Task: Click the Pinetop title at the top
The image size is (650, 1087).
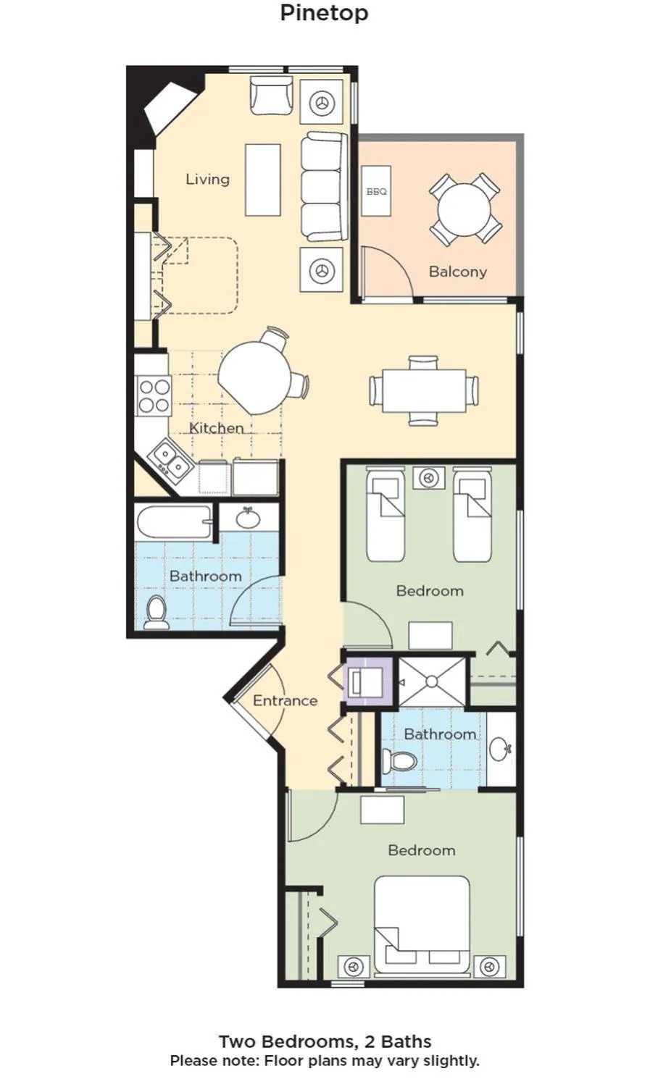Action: (x=324, y=13)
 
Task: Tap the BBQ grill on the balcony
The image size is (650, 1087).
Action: (x=376, y=191)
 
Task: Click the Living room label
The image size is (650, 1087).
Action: (x=207, y=179)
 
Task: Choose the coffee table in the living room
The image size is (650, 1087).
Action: (x=262, y=180)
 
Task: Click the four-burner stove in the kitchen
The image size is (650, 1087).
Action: (x=154, y=396)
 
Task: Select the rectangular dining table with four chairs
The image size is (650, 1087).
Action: (x=424, y=391)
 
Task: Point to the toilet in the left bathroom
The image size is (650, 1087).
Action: (x=156, y=613)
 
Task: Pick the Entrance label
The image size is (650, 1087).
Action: (x=285, y=700)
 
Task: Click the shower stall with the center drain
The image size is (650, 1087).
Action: (x=432, y=681)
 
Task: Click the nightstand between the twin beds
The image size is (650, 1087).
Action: (x=428, y=479)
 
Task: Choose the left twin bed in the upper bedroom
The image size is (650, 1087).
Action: (x=385, y=515)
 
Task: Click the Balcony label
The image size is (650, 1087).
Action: (x=457, y=272)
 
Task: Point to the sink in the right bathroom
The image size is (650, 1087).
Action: (x=500, y=749)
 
